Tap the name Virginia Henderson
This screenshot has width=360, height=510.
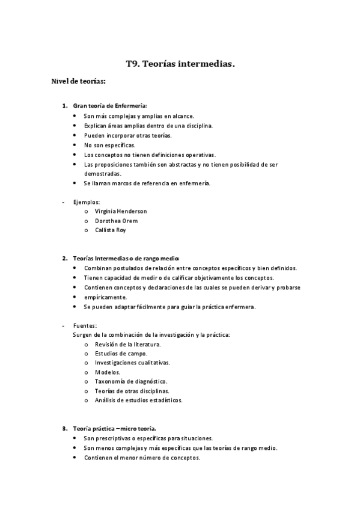click(120, 211)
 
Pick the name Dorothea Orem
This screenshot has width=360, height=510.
click(116, 221)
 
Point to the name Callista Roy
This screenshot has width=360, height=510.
click(111, 230)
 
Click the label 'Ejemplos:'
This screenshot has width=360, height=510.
click(87, 202)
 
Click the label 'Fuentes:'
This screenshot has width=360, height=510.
click(85, 325)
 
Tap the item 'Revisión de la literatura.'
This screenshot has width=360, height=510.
click(127, 344)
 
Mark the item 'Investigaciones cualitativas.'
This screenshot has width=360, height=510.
click(132, 363)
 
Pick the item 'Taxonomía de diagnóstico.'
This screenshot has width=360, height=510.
click(130, 381)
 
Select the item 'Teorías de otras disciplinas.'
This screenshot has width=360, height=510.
click(132, 391)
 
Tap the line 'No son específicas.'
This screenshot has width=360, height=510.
click(109, 145)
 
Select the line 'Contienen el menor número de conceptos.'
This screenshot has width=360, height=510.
click(142, 458)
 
